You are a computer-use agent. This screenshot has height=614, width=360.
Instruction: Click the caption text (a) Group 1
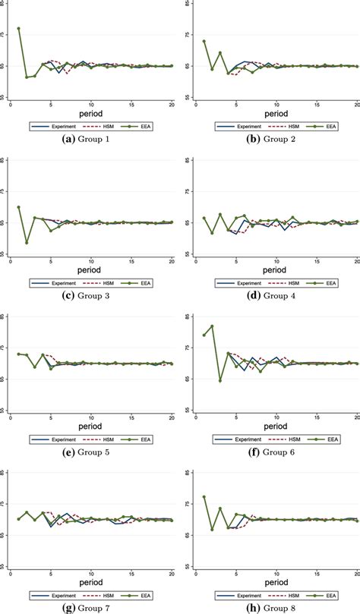90,138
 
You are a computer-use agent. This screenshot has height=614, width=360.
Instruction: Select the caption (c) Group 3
90,294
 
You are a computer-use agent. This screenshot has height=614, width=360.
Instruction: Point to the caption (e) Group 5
90,451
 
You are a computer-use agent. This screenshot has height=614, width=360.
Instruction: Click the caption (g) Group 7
90,607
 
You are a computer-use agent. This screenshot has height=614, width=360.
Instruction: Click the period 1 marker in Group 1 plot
18,29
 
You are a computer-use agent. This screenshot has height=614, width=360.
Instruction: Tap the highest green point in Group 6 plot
212,326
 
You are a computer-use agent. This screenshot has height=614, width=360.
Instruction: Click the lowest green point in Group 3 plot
27,243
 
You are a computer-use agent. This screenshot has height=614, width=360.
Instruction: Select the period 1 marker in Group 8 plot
204,497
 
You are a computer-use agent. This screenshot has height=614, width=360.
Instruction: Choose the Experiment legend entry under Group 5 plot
58,438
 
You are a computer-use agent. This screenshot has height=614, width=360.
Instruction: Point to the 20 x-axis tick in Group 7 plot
171,572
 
